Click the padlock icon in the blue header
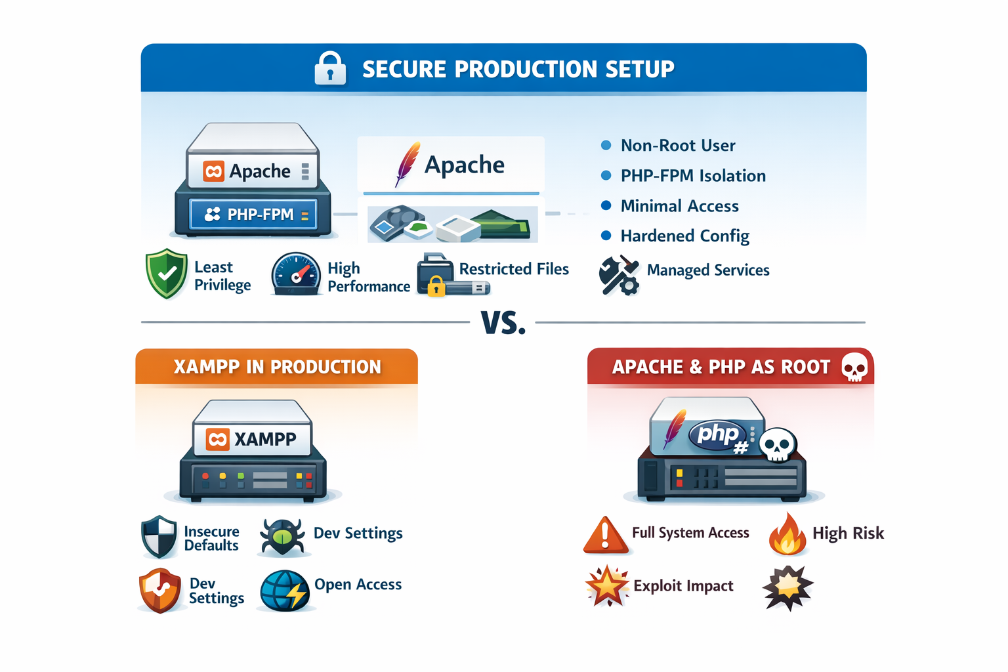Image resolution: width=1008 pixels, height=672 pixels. point(330,68)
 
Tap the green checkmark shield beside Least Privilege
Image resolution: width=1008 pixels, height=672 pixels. point(167,274)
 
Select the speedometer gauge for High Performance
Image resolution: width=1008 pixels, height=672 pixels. point(296,274)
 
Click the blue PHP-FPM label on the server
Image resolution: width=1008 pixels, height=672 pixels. point(253,215)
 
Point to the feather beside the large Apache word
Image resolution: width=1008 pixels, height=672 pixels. point(408,163)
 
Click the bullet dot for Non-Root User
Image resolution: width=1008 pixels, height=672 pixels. point(606,145)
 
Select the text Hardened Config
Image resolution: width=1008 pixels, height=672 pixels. point(684,236)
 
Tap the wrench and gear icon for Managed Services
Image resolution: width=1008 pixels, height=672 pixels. point(618,275)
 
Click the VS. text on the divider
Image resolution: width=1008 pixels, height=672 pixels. point(503,323)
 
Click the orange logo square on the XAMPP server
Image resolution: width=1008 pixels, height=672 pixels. point(217,439)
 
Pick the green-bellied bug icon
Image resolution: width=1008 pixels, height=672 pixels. point(282,535)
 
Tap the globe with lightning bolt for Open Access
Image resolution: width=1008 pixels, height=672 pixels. point(285,590)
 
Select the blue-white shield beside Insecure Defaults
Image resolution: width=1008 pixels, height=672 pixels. point(159,536)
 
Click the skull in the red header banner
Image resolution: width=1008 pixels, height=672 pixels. point(854,367)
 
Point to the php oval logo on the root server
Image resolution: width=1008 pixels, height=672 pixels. point(717,434)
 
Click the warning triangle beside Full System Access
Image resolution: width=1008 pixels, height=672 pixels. point(605,534)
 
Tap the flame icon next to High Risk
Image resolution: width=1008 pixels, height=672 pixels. point(787,534)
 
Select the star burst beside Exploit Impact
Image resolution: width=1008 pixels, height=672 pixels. point(607,585)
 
